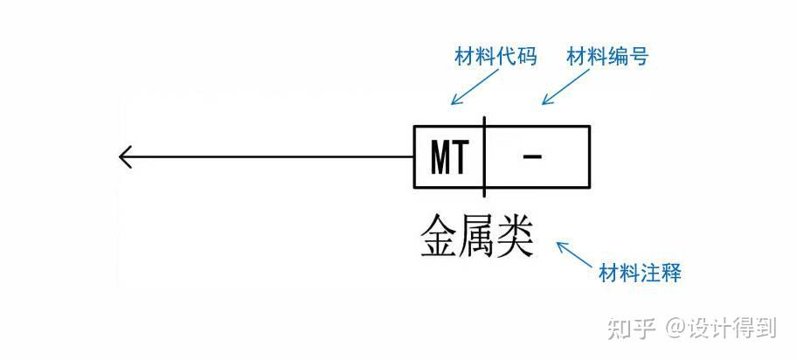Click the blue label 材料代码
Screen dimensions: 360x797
pos(495,58)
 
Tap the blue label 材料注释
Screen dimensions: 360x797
pos(640,273)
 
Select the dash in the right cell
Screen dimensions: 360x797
pos(532,157)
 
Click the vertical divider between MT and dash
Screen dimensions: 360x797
pos(484,157)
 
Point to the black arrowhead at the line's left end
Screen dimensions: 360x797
pos(124,158)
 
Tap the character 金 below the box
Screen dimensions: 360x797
pos(439,235)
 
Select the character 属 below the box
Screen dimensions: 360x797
pos(477,235)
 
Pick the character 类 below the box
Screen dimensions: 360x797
pos(515,235)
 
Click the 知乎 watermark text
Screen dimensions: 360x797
pos(630,328)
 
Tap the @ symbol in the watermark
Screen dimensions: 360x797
pos(674,329)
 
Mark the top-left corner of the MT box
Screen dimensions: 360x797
pos(414,127)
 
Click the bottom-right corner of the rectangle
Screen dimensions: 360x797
pos(590,188)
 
